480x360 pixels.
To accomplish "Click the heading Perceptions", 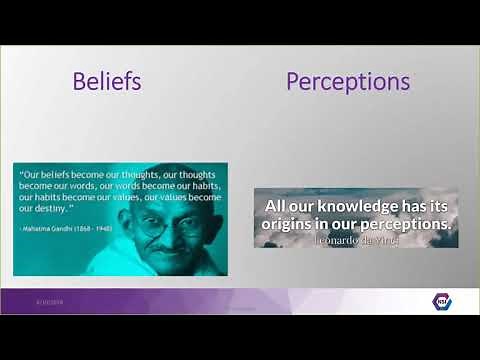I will (x=348, y=81).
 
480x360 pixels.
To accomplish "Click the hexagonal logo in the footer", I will (x=441, y=301).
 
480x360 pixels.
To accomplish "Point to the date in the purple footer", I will (x=50, y=300).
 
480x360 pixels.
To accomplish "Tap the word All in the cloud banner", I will (x=277, y=206).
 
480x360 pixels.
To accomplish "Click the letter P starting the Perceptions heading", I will (x=293, y=81).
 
